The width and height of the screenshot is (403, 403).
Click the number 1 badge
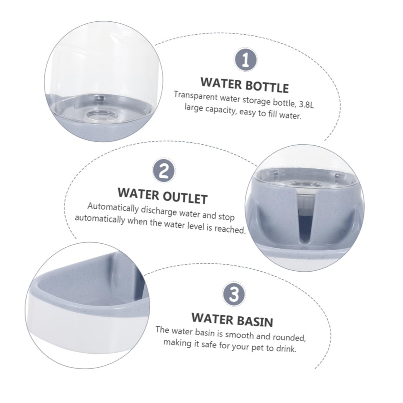pos(245,60)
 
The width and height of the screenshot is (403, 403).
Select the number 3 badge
pos(234,294)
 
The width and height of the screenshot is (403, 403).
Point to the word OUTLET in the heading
pos(185,197)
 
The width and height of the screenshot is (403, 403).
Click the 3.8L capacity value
pos(306,104)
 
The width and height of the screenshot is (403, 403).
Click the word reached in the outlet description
pos(230,229)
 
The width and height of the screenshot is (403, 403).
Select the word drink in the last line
pos(286,349)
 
